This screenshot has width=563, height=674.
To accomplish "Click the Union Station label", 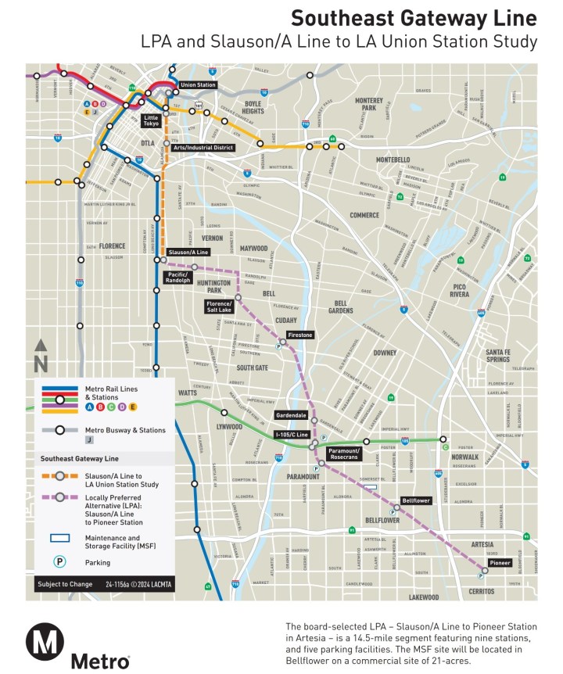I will (198, 84).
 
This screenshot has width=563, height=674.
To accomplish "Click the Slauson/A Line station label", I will (188, 253).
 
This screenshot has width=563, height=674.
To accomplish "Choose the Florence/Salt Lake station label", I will (219, 306).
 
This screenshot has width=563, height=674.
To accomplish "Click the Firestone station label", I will (300, 335).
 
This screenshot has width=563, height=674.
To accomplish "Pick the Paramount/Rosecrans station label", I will (344, 454).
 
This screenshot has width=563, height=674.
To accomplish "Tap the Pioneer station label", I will (500, 562).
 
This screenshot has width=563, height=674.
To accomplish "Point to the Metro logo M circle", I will (45, 643).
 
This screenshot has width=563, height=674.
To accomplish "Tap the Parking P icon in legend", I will (59, 561).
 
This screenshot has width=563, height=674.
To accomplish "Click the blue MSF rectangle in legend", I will (59, 538).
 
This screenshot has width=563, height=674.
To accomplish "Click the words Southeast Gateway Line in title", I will (414, 18).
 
